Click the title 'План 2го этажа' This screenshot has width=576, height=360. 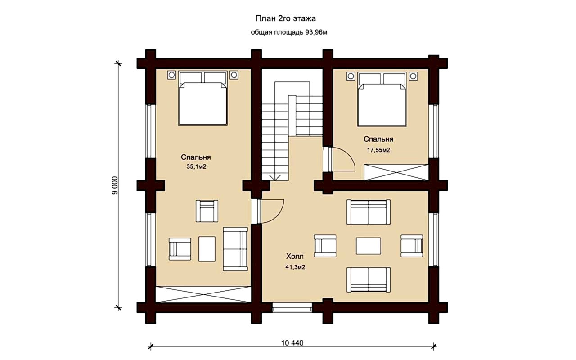(x=285, y=19)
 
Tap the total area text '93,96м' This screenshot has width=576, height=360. (x=316, y=32)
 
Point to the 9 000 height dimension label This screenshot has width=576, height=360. (x=115, y=185)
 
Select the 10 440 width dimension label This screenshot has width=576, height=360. (x=292, y=343)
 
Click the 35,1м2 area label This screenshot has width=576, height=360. (x=197, y=167)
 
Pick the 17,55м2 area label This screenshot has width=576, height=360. (x=378, y=150)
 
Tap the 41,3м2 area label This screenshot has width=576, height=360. (x=295, y=267)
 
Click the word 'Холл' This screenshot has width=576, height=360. (x=295, y=256)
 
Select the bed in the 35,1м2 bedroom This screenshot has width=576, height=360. (x=203, y=98)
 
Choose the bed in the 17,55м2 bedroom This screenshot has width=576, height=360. (x=382, y=99)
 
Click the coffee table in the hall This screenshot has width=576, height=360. (x=369, y=246)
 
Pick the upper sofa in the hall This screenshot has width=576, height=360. (x=369, y=212)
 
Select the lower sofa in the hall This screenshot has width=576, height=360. (x=369, y=280)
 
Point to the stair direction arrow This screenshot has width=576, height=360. (x=275, y=177)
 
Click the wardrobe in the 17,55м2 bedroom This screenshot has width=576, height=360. (x=396, y=172)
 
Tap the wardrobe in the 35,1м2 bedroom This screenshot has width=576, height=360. (x=203, y=294)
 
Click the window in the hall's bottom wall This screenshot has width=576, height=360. (x=292, y=307)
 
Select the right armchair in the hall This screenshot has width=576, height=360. (x=412, y=246)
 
